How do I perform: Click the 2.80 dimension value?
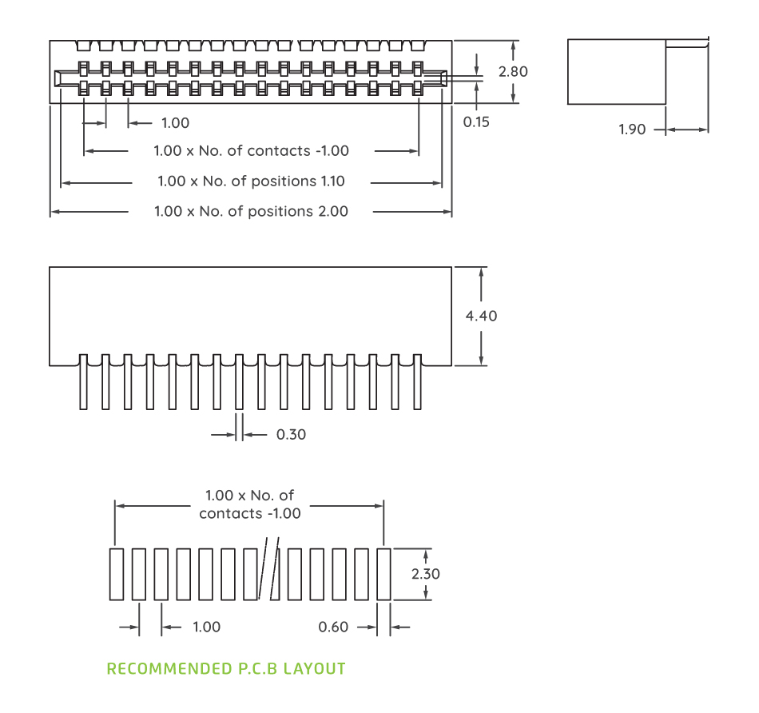(x=513, y=71)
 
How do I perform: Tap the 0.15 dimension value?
(x=476, y=122)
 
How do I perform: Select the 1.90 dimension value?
(x=632, y=129)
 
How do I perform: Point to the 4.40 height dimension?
(x=481, y=316)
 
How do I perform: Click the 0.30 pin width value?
(x=291, y=435)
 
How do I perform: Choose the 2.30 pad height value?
(x=426, y=574)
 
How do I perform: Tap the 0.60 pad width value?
(x=333, y=627)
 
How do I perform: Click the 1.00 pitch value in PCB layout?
(x=206, y=627)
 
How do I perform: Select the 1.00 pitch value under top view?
(x=175, y=123)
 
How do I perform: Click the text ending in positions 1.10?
(x=251, y=181)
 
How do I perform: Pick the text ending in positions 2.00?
(x=251, y=212)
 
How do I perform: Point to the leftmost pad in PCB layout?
(x=117, y=574)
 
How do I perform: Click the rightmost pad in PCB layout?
(x=383, y=574)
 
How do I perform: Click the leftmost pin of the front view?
(x=84, y=384)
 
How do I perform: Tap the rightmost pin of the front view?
(x=416, y=384)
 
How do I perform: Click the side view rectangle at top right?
(x=616, y=71)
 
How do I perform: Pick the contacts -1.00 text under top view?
(x=298, y=151)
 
